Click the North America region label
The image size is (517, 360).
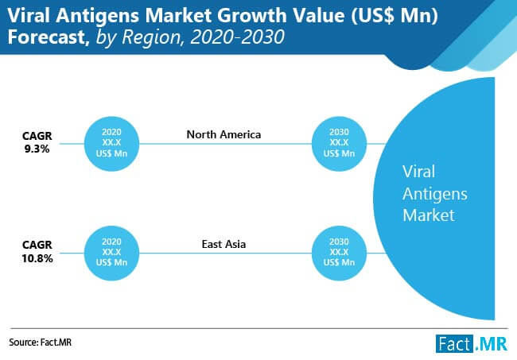click(224, 134)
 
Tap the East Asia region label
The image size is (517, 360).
click(224, 244)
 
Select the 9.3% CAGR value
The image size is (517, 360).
click(37, 149)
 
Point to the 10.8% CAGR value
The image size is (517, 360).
click(37, 258)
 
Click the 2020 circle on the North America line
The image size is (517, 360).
click(111, 144)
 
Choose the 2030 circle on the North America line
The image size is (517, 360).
click(339, 144)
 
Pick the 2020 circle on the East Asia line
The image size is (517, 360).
click(111, 253)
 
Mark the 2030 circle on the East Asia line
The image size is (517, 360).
click(339, 253)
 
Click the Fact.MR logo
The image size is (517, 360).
click(472, 344)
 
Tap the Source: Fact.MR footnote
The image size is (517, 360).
click(41, 343)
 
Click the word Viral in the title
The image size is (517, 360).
click(29, 15)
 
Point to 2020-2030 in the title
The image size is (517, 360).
click(237, 37)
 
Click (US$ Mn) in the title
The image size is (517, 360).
click(394, 15)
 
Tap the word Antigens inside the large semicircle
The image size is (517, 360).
click(435, 194)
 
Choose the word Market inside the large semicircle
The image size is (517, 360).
click(428, 215)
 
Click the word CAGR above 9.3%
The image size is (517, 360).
click(37, 136)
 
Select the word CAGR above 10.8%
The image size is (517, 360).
click(37, 245)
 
